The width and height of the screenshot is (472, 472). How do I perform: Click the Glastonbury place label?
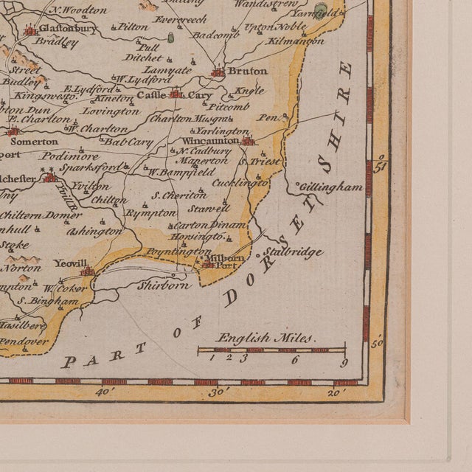click(69, 29)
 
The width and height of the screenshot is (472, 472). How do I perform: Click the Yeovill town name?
click(69, 263)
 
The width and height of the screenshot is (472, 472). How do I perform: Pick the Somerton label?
click(38, 141)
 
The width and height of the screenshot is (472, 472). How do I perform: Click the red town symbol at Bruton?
click(218, 72)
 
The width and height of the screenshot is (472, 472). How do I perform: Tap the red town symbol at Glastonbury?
click(29, 30)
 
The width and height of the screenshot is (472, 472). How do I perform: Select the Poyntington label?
click(177, 252)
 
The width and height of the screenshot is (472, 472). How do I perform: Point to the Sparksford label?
click(91, 167)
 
